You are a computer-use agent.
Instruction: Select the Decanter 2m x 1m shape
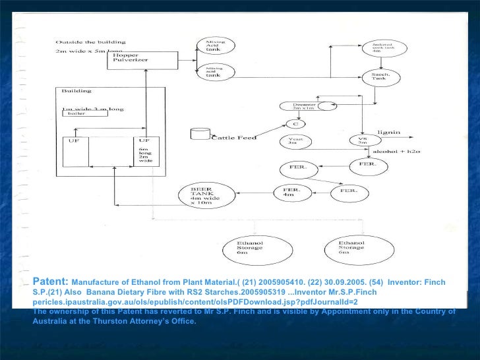[303, 106]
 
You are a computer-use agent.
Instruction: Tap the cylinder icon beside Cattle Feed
[196, 135]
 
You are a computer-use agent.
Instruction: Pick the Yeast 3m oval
[300, 141]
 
